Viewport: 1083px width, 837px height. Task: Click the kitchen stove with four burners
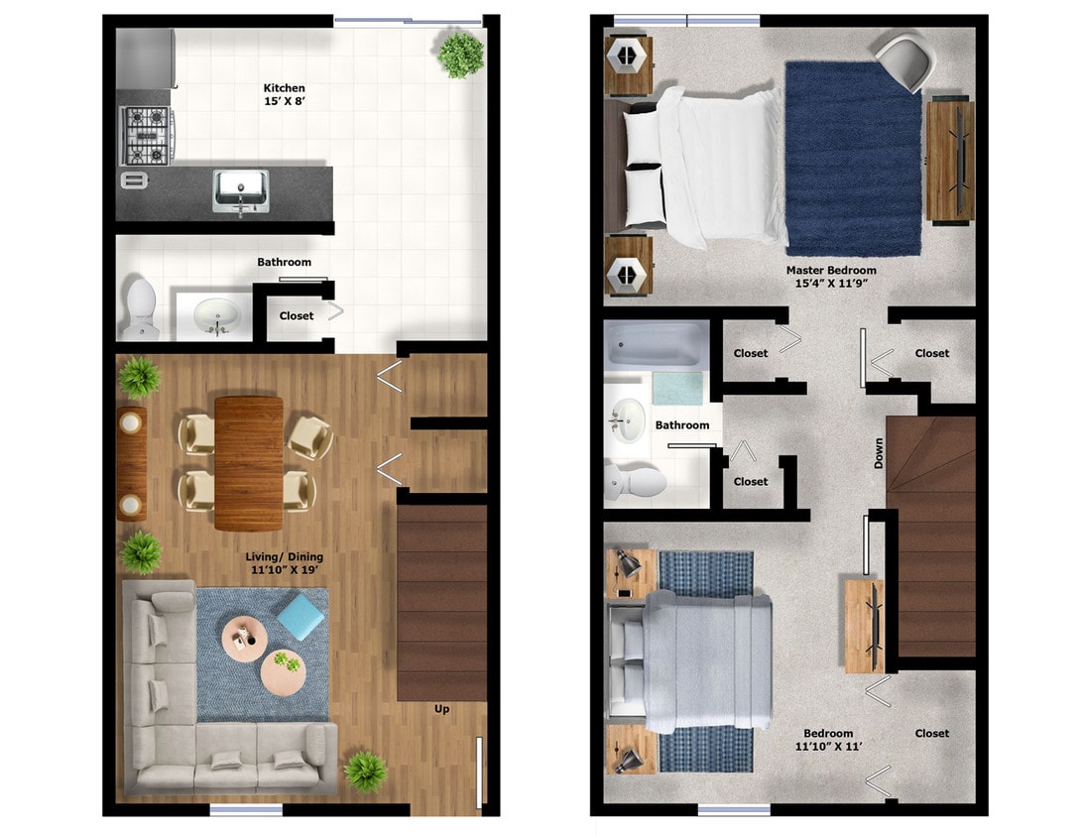(147, 136)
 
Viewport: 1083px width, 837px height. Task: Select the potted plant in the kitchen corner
(461, 54)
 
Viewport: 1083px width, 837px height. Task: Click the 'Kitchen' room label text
(284, 88)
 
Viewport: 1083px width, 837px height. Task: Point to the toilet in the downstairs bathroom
(140, 307)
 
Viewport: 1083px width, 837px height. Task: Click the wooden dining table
(249, 462)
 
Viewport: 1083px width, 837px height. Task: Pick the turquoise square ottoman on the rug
(301, 617)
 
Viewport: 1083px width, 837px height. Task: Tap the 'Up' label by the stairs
(442, 708)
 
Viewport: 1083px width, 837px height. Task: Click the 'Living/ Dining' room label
(284, 557)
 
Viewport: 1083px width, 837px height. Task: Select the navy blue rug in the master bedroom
(853, 159)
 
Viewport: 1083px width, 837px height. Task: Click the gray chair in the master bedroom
(907, 61)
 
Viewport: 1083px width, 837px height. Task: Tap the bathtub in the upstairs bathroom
(656, 345)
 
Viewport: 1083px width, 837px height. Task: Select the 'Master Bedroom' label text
(831, 270)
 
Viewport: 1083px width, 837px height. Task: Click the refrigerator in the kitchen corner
(145, 57)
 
